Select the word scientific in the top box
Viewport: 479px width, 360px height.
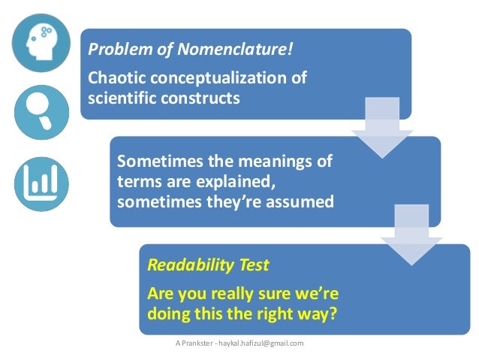pos(121,98)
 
